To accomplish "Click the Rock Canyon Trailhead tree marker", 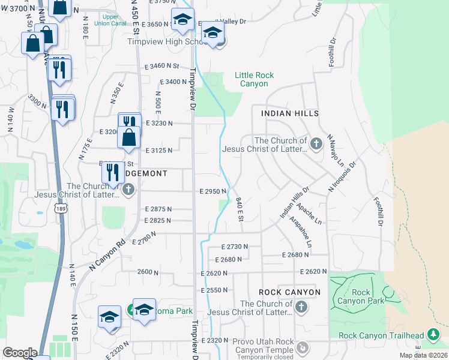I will [433, 335].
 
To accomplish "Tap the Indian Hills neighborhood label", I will [289, 113].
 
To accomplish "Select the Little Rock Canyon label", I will [255, 79].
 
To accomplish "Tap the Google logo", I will [20, 353].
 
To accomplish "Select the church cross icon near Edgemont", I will [127, 190].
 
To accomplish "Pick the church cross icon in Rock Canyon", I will [301, 307].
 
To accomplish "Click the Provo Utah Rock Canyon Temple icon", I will [304, 347].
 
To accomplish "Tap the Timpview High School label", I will [167, 42].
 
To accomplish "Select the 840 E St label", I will [239, 209].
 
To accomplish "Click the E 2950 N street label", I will [213, 191].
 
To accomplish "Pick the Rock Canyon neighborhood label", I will [289, 292].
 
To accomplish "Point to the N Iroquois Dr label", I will [342, 176].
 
